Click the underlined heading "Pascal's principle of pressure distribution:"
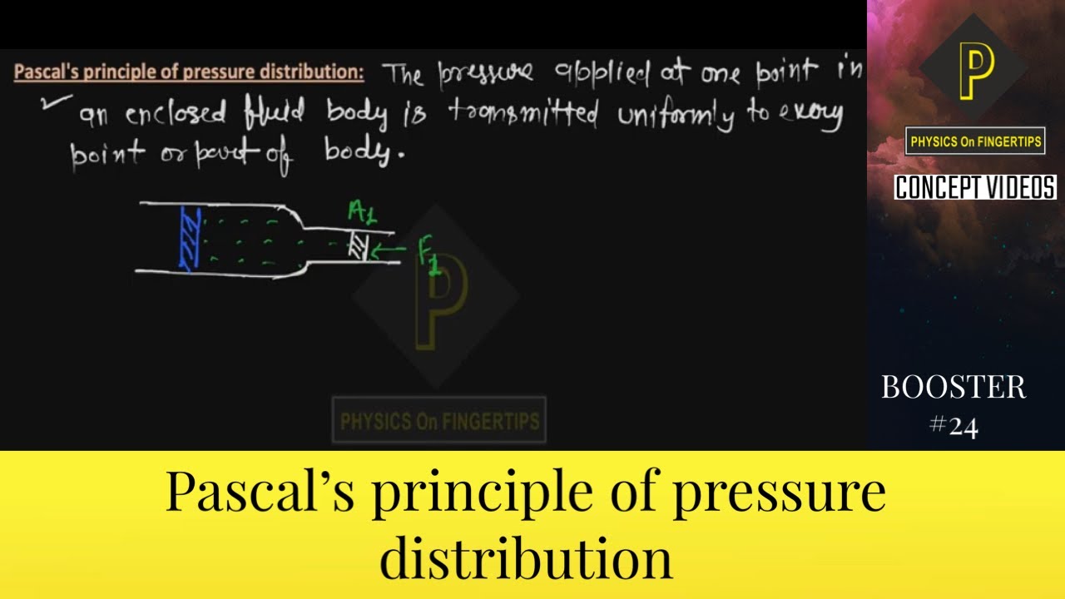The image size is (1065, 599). [189, 72]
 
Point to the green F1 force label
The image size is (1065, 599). [429, 256]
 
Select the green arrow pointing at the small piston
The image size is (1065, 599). [389, 249]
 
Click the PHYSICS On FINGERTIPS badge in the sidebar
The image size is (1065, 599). [974, 141]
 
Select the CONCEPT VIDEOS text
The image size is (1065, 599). [975, 187]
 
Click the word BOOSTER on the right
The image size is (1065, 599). [954, 387]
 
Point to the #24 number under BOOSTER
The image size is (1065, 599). [954, 426]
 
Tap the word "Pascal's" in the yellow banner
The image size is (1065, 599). [260, 493]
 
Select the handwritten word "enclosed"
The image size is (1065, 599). [176, 115]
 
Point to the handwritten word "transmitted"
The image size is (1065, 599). [523, 115]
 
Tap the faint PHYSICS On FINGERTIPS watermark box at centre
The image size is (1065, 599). [439, 421]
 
